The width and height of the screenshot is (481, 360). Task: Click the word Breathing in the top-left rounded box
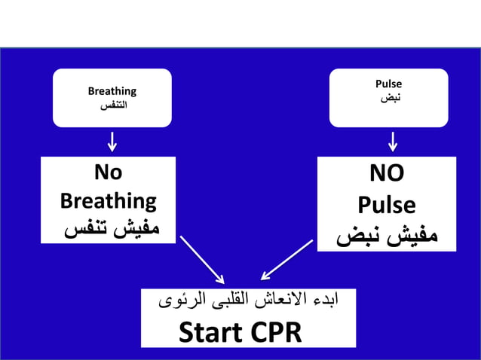[x=112, y=91]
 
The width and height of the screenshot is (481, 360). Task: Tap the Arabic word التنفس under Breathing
[x=112, y=105]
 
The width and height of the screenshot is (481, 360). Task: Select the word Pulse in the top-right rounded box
[x=388, y=84]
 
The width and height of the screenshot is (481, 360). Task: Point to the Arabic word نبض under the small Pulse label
[x=389, y=98]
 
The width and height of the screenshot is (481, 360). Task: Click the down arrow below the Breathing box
[x=112, y=141]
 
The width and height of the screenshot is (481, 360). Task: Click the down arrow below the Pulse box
[x=393, y=141]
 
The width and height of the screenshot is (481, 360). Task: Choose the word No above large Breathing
[x=108, y=172]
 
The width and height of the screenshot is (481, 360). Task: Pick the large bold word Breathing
[x=108, y=201]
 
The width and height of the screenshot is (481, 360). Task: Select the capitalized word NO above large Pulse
[x=387, y=174]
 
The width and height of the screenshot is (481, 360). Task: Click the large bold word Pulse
[x=387, y=205]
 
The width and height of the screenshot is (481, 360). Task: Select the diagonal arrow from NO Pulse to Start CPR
[x=286, y=260]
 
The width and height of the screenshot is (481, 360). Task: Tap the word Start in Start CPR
[x=211, y=332]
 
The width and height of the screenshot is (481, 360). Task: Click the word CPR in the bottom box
[x=274, y=332]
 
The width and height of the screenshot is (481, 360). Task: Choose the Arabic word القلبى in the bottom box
[x=229, y=301]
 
